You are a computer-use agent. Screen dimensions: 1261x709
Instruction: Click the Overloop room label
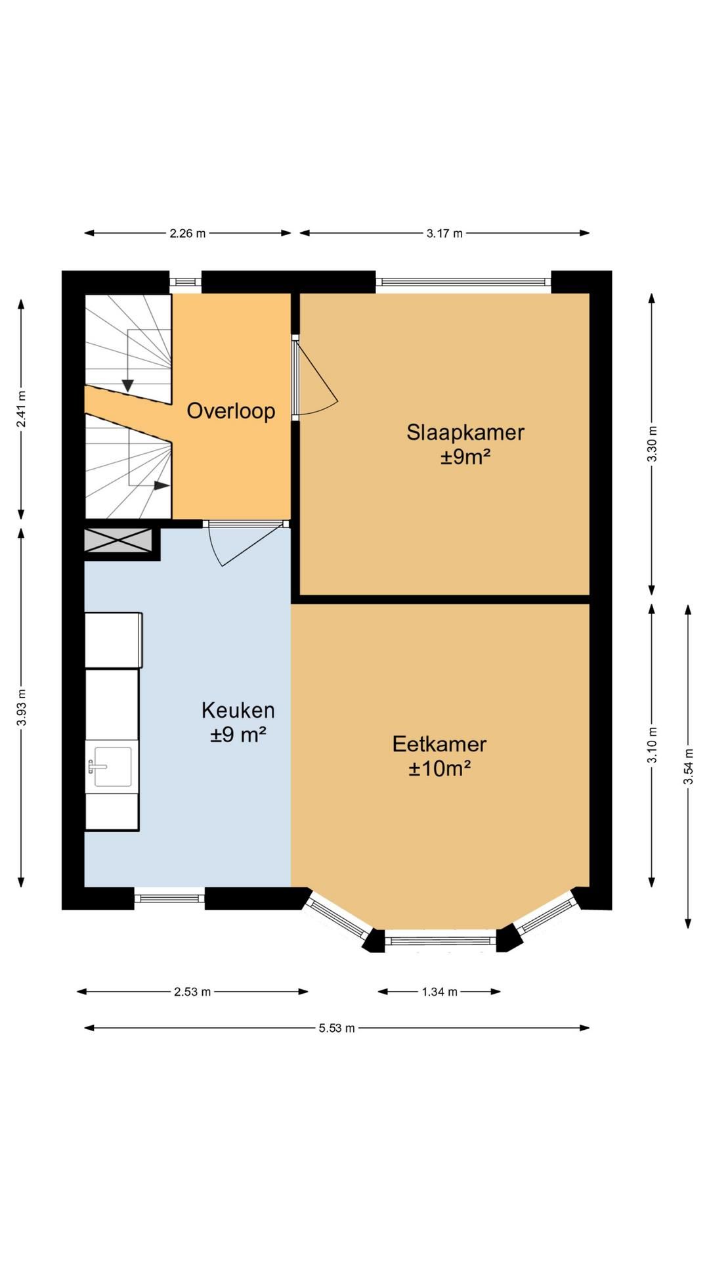[x=230, y=411]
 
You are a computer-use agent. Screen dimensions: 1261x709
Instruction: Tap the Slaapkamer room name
[x=465, y=432]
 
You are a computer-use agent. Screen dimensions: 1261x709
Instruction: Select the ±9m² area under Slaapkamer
[x=465, y=456]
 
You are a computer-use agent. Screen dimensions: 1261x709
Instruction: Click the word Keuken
[x=238, y=710]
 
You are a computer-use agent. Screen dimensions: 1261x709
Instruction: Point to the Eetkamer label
[x=439, y=744]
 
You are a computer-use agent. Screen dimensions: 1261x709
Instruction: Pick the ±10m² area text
[x=439, y=768]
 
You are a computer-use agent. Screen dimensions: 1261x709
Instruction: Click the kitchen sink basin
[x=112, y=766]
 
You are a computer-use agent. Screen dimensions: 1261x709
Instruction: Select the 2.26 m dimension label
[x=187, y=233]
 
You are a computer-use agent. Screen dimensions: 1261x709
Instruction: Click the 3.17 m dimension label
[x=444, y=233]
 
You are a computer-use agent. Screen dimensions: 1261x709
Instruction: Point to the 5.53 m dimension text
[x=337, y=1028]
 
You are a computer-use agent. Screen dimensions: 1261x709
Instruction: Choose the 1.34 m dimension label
[x=439, y=992]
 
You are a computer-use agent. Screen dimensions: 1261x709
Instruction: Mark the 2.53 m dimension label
[x=192, y=992]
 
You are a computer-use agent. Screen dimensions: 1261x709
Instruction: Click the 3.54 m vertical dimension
[x=688, y=766]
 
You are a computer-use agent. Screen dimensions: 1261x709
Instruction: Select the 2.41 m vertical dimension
[x=22, y=409]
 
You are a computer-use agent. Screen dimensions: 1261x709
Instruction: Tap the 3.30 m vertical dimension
[x=652, y=444]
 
